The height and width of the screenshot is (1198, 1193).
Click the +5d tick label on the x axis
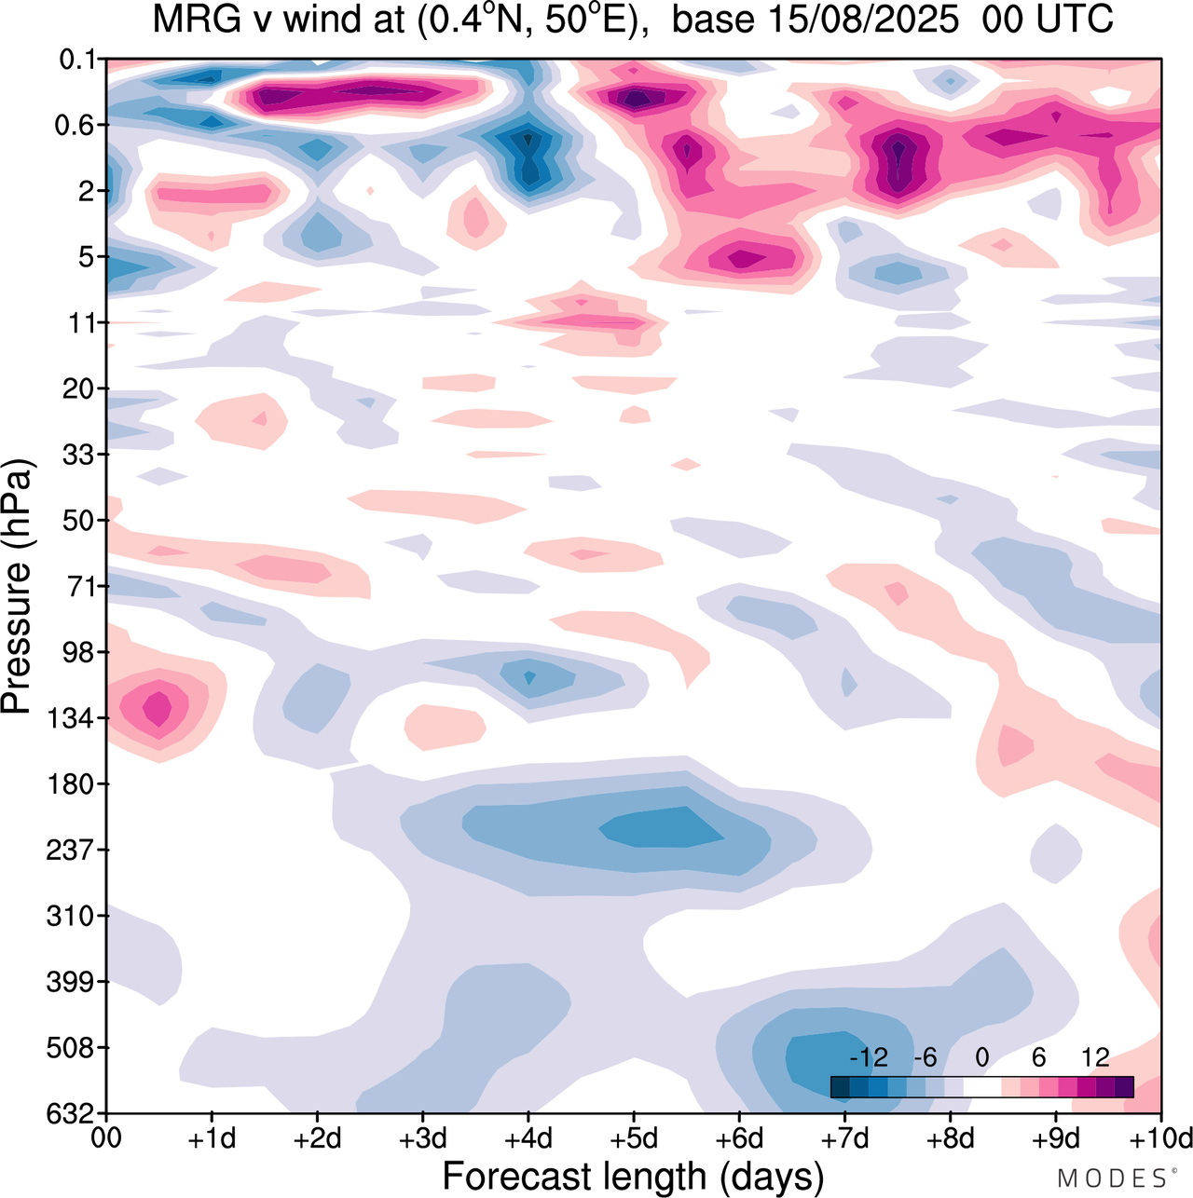click(x=634, y=1138)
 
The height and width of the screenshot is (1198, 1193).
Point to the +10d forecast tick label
click(x=1161, y=1138)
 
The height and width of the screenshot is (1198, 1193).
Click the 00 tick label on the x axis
click(x=106, y=1138)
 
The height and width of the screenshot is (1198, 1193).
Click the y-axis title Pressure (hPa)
click(x=19, y=587)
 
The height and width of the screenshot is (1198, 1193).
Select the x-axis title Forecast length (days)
click(x=634, y=1176)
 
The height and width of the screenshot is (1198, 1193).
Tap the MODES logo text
click(x=1111, y=1179)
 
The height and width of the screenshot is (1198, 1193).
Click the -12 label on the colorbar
click(x=869, y=1058)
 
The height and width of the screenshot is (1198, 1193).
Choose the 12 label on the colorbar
click(x=1095, y=1058)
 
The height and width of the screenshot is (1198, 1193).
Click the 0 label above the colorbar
click(x=981, y=1058)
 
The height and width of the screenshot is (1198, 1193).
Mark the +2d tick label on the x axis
click(x=317, y=1138)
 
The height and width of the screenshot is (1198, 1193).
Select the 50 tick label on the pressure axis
click(x=78, y=521)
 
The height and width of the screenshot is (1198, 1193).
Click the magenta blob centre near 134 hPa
click(x=158, y=707)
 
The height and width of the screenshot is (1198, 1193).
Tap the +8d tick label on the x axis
click(x=951, y=1138)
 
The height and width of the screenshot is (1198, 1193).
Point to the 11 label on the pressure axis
click(x=82, y=323)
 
